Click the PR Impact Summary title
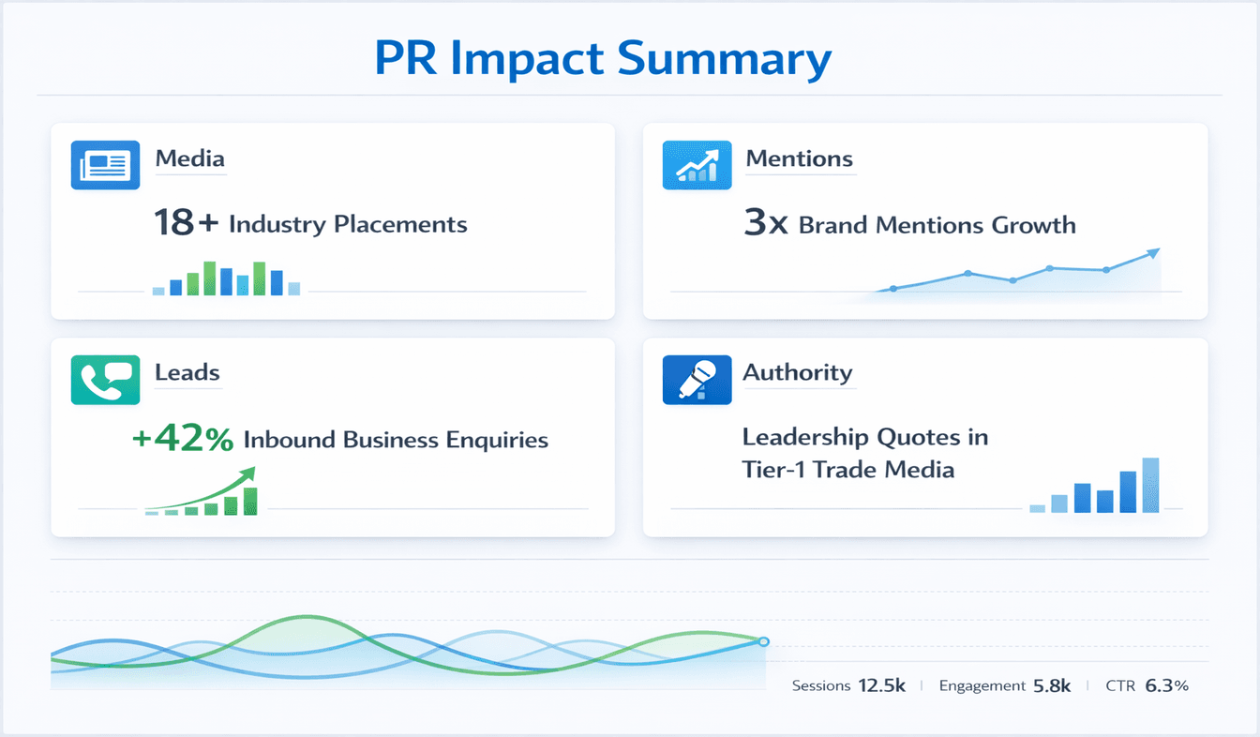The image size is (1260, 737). point(603,59)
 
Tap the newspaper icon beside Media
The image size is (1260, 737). point(105,165)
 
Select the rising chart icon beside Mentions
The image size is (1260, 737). point(697,165)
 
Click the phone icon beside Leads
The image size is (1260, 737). point(105,380)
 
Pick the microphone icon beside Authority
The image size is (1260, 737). point(697,380)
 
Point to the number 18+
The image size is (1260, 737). point(187,222)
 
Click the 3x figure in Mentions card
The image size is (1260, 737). point(766,222)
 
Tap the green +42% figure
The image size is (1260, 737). point(183,438)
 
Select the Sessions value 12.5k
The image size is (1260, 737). point(882,685)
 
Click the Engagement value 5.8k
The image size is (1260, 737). point(1052,685)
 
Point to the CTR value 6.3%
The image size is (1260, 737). point(1166,685)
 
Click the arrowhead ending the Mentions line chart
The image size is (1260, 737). point(1153,253)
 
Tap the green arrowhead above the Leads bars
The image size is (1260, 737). point(247,474)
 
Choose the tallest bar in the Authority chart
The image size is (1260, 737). point(1151,485)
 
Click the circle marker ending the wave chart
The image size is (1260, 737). point(763,641)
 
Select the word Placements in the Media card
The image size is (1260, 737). point(400,224)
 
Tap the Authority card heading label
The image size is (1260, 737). point(798,373)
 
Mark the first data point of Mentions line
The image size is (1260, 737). point(893,289)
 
